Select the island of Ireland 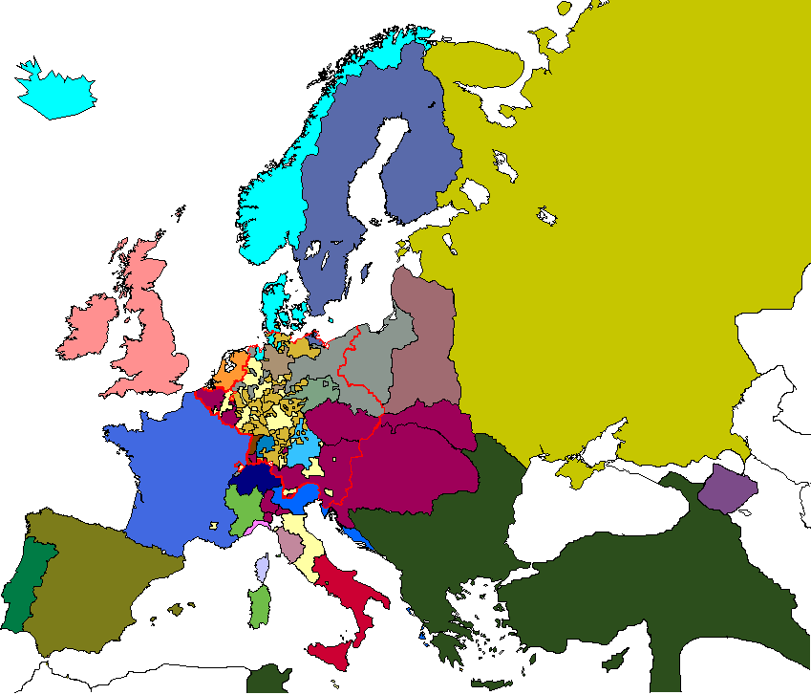(x=88, y=325)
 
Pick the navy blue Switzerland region (x=252, y=478)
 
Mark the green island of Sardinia (x=259, y=608)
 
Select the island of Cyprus (x=616, y=660)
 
